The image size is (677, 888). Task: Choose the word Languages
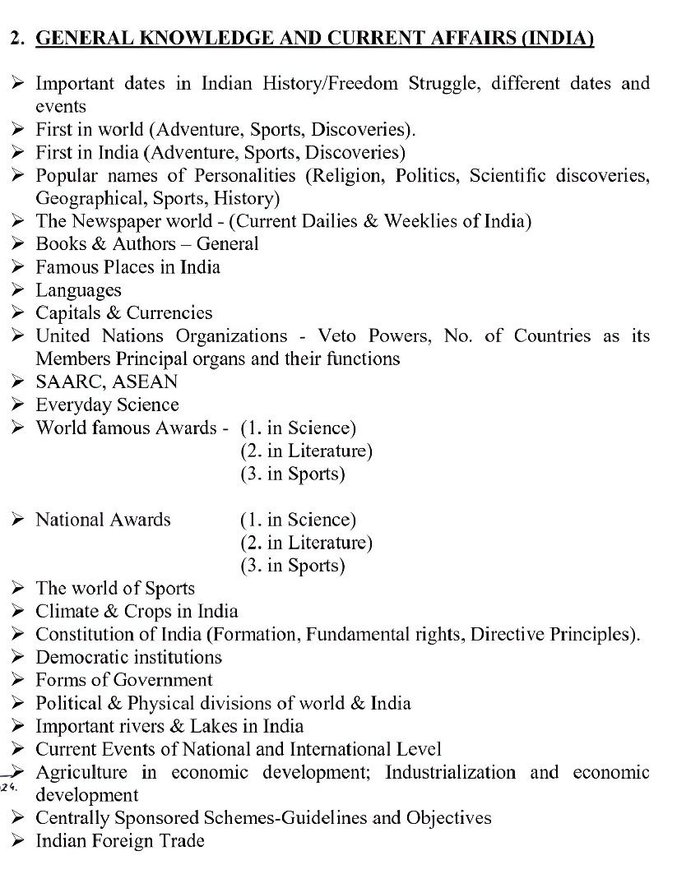78,290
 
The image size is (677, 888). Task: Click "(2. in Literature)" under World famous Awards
306,451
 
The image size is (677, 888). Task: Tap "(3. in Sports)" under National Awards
292,566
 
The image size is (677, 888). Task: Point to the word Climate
68,612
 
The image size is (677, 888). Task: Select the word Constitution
88,635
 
